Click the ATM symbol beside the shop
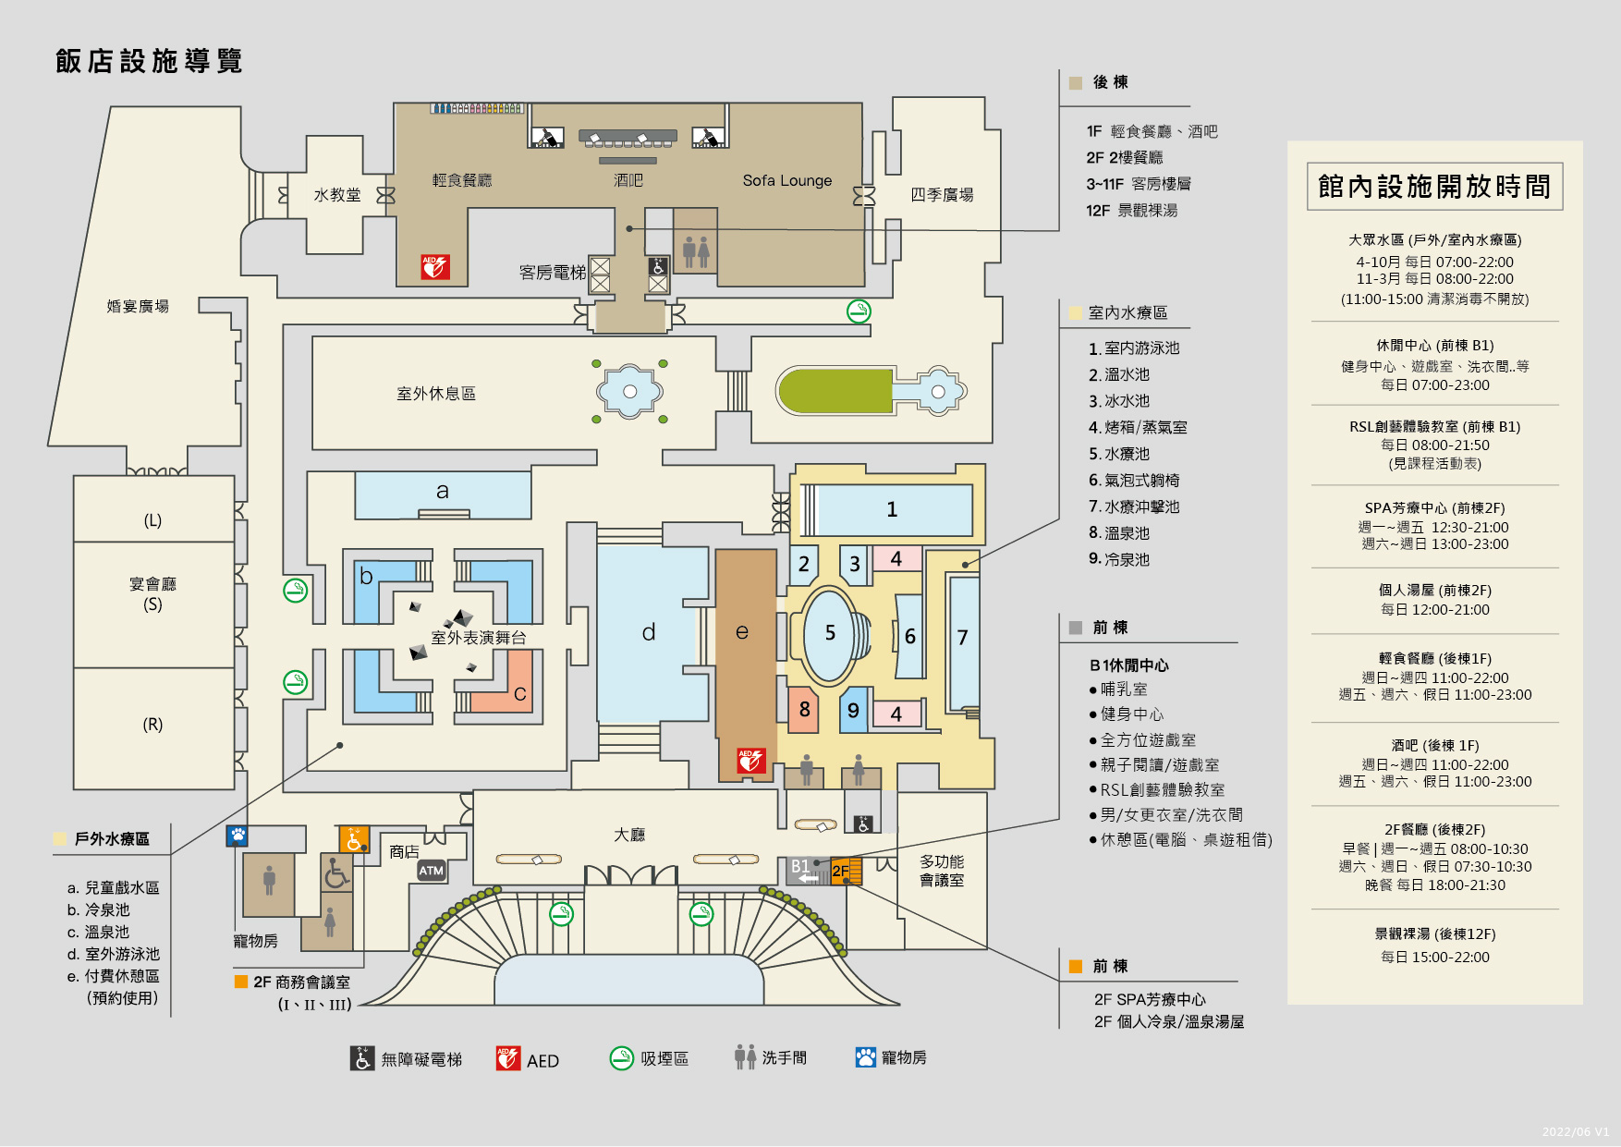pos(432,871)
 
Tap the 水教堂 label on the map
pos(337,195)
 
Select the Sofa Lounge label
pos(787,180)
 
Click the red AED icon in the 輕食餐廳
pos(434,267)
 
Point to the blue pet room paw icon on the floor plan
pos(238,836)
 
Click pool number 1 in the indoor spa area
pos(892,509)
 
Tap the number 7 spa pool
pos(963,638)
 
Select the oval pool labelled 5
pos(830,633)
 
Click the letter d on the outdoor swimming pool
pos(649,632)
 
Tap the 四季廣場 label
pos(942,195)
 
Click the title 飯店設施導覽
pos(149,61)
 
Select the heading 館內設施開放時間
pos(1434,187)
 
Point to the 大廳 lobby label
pos(629,835)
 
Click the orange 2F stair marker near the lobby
pos(845,871)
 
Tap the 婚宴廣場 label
pos(138,306)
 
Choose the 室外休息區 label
pos(436,394)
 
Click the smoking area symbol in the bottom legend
pos(622,1058)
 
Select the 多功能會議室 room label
pos(942,871)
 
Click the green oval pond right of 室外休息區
pos(834,391)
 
